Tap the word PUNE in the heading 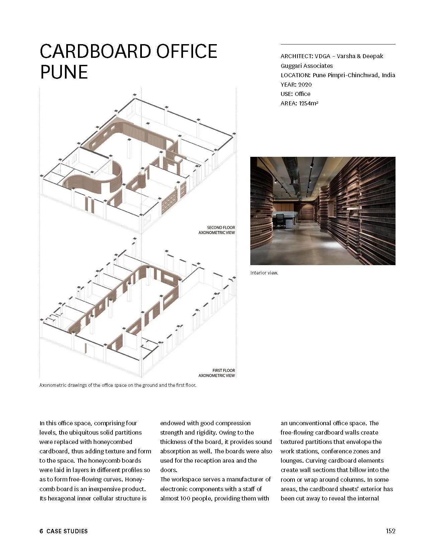[x=64, y=72]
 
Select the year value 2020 [x=305, y=85]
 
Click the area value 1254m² [x=309, y=103]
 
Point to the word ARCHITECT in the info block [x=296, y=56]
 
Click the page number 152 [x=390, y=531]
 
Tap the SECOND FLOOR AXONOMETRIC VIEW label [x=217, y=230]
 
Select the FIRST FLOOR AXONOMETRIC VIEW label [x=217, y=373]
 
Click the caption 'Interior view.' [x=264, y=273]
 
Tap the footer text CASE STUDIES [x=67, y=531]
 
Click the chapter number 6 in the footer [x=41, y=531]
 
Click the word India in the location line [x=388, y=75]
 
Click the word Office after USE [x=302, y=94]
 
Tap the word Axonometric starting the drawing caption [x=53, y=385]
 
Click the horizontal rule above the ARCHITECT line [x=338, y=44]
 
